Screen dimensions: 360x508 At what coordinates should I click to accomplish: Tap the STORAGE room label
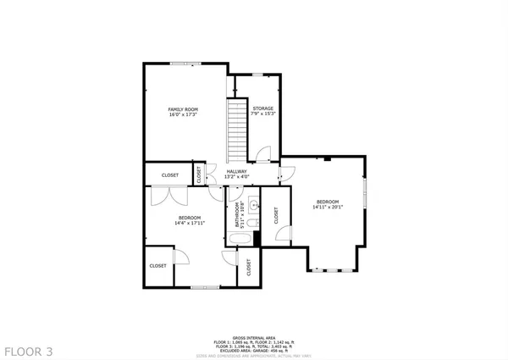[262, 108]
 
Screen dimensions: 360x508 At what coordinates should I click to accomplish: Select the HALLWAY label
[237, 171]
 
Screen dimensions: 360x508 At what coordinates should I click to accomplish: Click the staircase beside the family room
[236, 127]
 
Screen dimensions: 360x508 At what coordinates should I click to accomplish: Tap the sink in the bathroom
[251, 204]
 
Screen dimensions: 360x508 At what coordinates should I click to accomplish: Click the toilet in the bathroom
[251, 222]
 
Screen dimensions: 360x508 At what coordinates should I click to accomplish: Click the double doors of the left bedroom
[166, 196]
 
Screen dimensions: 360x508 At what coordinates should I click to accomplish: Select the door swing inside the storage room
[263, 153]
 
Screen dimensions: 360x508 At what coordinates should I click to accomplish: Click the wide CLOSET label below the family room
[170, 175]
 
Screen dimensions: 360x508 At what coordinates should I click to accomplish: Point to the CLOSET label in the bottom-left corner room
[158, 266]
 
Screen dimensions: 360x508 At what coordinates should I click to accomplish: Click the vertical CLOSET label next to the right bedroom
[276, 216]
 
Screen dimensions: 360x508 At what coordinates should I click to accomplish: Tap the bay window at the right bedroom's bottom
[334, 270]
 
